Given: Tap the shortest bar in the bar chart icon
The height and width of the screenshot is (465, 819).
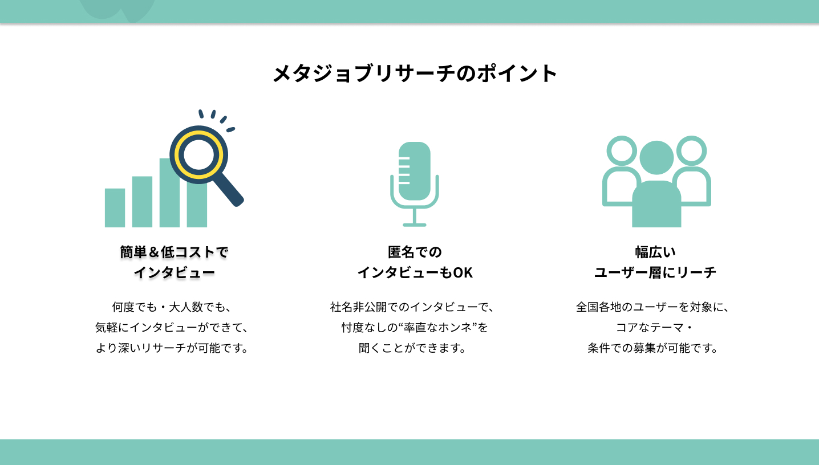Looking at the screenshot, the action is point(115,208).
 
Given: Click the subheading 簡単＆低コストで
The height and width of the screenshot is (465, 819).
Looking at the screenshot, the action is point(174,252).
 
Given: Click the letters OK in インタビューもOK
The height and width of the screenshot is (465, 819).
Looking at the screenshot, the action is point(463,273).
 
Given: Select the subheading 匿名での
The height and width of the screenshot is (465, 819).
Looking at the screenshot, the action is point(415,252).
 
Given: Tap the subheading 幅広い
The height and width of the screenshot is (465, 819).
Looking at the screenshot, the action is point(655,252).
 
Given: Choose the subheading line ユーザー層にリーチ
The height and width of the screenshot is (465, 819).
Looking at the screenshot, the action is point(655,273).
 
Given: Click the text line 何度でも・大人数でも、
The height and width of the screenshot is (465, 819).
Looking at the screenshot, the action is point(172,307).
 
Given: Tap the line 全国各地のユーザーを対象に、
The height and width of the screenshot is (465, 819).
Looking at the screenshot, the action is point(653,307).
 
